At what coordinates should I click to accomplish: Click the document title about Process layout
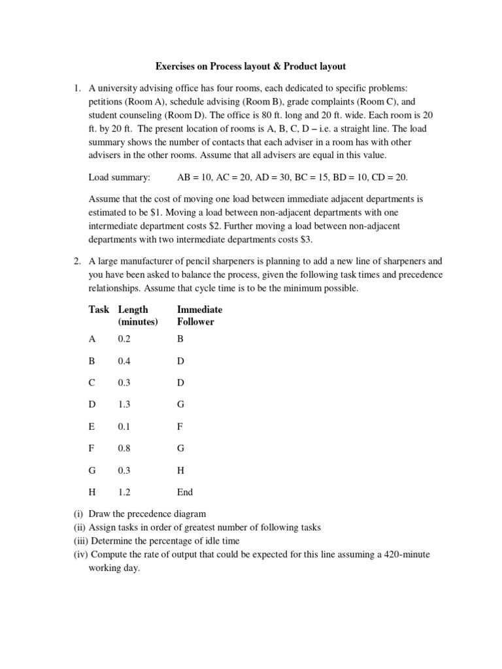pyautogui.click(x=250, y=66)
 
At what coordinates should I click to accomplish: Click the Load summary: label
pyautogui.click(x=119, y=177)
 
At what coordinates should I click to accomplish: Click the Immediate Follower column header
pyautogui.click(x=199, y=316)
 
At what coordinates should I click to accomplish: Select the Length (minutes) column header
pyautogui.click(x=137, y=316)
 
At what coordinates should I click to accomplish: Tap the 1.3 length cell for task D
pyautogui.click(x=124, y=404)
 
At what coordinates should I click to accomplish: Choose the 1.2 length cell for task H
pyautogui.click(x=124, y=493)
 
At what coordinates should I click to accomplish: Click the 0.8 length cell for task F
pyautogui.click(x=124, y=448)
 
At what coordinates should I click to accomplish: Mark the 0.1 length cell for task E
pyautogui.click(x=124, y=426)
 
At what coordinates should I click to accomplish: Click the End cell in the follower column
pyautogui.click(x=185, y=493)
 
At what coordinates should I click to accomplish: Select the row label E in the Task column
pyautogui.click(x=92, y=426)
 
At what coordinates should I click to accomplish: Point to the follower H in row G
pyautogui.click(x=180, y=470)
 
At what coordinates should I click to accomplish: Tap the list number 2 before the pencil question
pyautogui.click(x=76, y=261)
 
